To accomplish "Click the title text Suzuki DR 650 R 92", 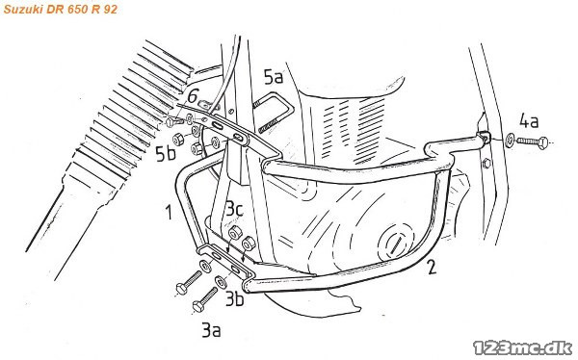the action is (61, 9).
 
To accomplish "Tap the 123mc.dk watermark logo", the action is (523, 347).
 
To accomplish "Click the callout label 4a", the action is (529, 121).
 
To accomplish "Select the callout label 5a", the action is (274, 77).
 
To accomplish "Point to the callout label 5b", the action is (166, 154).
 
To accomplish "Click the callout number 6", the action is (193, 96).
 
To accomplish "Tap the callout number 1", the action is (169, 212).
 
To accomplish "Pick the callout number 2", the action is (431, 268).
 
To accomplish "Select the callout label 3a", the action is (211, 330).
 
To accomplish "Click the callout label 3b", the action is (234, 298).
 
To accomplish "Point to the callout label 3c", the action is (234, 209).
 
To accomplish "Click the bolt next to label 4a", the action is (533, 141).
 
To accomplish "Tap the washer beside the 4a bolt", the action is (511, 141).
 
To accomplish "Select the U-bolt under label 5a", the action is (274, 113).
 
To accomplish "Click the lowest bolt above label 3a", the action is (205, 300).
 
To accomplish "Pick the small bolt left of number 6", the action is (172, 121).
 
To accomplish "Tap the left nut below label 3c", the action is (234, 233).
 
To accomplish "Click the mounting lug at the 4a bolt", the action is (485, 137).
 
